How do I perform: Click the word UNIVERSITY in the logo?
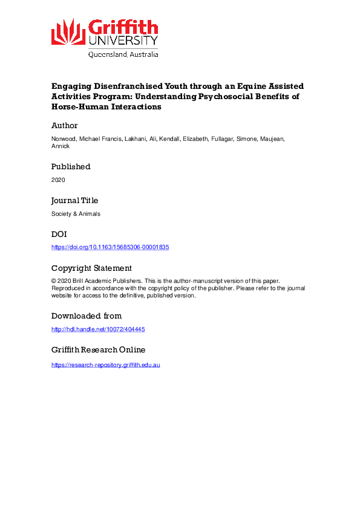(123, 41)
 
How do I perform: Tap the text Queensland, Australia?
(123, 54)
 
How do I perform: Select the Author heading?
(64, 126)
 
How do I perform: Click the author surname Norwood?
(65, 139)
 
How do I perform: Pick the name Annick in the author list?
(60, 146)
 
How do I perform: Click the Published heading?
(71, 166)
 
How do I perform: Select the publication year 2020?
(58, 180)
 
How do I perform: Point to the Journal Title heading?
(74, 200)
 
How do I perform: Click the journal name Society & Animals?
(75, 213)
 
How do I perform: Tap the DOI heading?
(59, 234)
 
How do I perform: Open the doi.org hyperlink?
(110, 247)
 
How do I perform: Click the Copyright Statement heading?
(91, 268)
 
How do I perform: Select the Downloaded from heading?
(87, 316)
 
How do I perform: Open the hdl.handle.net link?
(98, 329)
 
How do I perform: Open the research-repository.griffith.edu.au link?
(105, 365)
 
